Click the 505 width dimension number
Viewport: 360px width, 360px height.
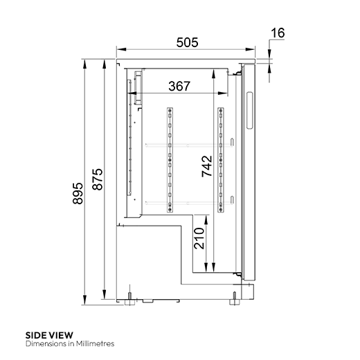pos(186,42)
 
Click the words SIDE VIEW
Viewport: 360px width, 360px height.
pos(48,334)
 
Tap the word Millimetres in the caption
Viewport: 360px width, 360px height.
pos(92,343)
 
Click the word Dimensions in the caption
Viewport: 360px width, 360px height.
pos(44,343)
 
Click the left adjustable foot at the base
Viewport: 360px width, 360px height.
pos(128,298)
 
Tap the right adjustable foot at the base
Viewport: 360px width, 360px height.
pos(234,298)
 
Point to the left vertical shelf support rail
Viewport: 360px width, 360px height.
pos(170,159)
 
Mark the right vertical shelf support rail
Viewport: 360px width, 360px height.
pos(220,159)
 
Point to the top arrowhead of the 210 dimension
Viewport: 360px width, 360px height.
pos(206,217)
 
